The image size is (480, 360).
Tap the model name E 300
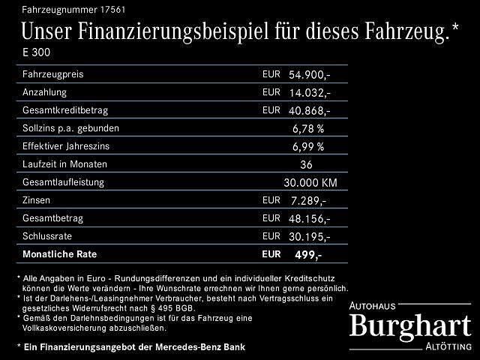tap(37, 54)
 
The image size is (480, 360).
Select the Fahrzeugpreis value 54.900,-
tap(309, 76)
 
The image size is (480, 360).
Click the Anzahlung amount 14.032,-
tap(309, 93)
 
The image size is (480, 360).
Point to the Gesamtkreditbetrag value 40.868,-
tap(309, 110)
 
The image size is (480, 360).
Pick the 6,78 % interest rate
tap(307, 128)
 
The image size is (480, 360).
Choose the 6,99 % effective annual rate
tap(307, 146)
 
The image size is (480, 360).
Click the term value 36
tap(307, 164)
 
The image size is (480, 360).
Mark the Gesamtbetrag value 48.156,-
tap(309, 218)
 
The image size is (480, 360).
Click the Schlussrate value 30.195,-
tap(309, 236)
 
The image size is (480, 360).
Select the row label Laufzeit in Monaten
tap(65, 164)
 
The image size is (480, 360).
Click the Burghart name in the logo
tap(410, 326)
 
